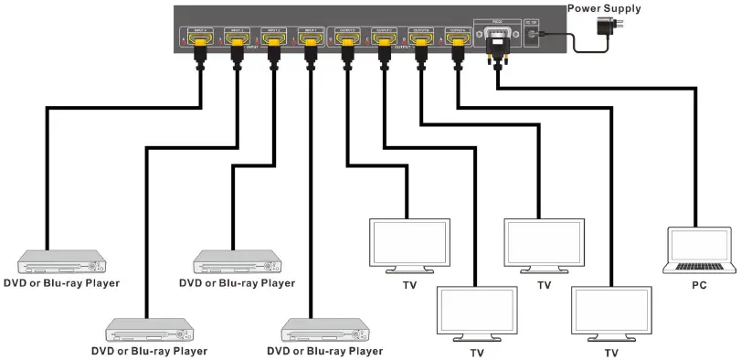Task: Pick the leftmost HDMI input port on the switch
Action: pyautogui.click(x=198, y=37)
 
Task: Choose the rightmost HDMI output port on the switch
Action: pyautogui.click(x=456, y=37)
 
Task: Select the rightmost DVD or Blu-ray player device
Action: pyautogui.click(x=327, y=329)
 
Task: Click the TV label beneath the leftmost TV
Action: pyautogui.click(x=409, y=285)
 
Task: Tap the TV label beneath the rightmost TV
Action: pyautogui.click(x=610, y=353)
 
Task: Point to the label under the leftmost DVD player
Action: pyautogui.click(x=61, y=283)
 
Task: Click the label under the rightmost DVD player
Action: pyautogui.click(x=324, y=351)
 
